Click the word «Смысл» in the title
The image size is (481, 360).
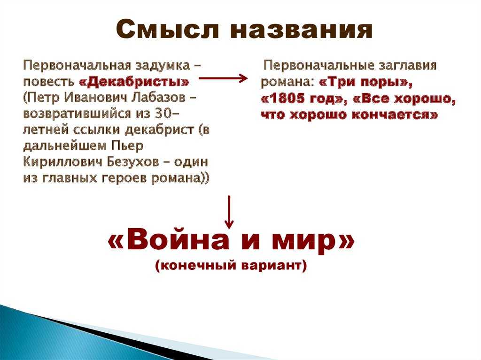pos(168,30)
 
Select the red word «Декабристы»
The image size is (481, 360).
pos(134,82)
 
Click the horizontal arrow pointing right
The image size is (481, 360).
pos(223,78)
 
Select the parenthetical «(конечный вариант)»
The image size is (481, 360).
pos(231,265)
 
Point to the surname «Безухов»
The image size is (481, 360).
pos(132,161)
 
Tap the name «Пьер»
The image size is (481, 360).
pos(127,146)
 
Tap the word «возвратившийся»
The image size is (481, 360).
pos(77,114)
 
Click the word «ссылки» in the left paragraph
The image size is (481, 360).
pos(97,130)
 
